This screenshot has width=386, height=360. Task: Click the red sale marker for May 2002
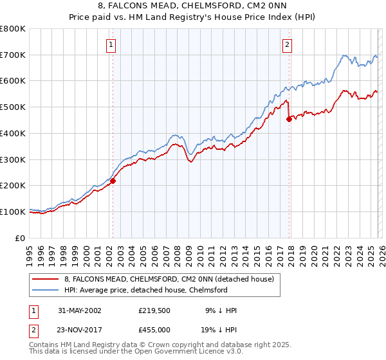pos(113,181)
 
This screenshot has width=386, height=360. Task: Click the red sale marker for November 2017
pos(289,119)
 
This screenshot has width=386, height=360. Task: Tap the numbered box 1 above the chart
pos(111,45)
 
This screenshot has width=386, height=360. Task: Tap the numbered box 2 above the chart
pos(287,45)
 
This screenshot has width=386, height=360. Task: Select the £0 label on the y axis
pos(21,238)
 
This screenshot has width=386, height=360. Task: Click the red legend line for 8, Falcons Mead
pos(46,279)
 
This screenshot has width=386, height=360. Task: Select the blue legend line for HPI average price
pos(46,290)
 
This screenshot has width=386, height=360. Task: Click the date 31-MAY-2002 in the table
pos(77,310)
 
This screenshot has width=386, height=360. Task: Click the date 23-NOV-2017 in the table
pos(77,330)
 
